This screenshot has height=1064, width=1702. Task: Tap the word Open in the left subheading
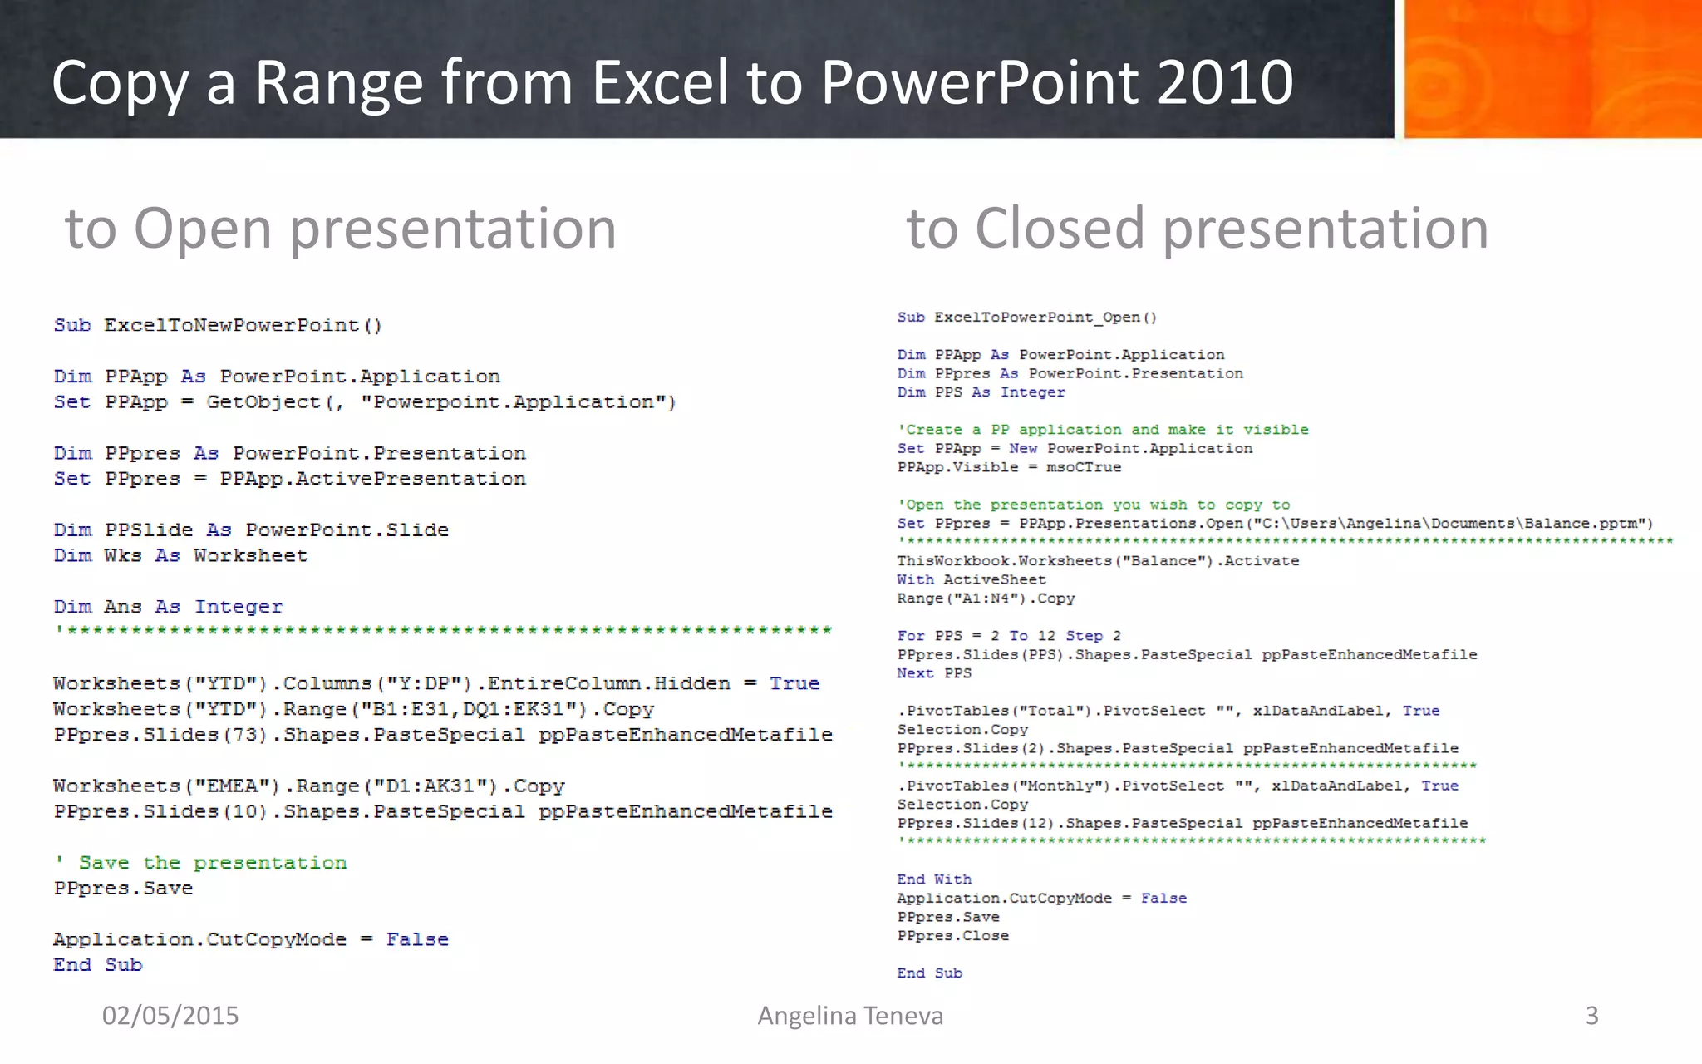202,229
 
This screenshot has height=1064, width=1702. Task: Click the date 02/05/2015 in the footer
170,1016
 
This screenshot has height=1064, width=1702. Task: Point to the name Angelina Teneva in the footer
850,1016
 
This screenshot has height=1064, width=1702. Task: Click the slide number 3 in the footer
1591,1016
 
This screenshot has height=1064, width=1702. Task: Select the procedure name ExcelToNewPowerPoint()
243,325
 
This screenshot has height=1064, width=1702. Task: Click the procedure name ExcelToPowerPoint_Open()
1045,317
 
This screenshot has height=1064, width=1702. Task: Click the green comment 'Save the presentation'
201,863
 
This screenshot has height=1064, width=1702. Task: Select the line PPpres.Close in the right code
952,936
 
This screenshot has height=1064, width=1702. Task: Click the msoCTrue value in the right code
1083,467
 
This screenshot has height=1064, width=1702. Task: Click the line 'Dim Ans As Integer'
168,607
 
